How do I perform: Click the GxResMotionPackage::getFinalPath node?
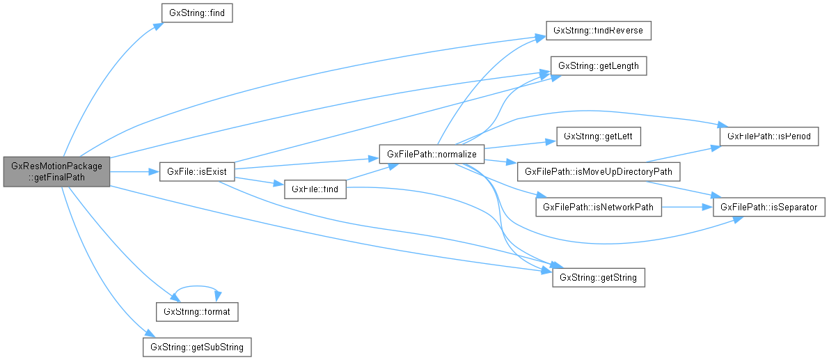56,171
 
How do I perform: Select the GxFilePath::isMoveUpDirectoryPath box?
593,171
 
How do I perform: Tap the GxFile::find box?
315,189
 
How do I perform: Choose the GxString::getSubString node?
196,347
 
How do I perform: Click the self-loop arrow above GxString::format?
198,286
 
